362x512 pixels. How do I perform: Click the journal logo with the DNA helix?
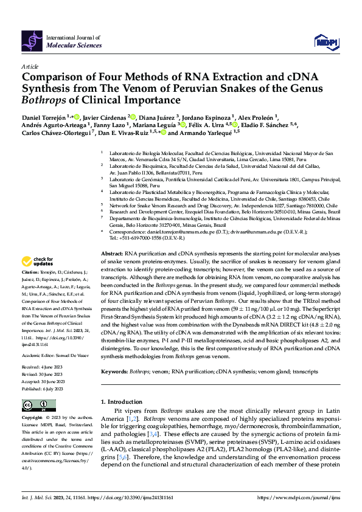click(x=32, y=40)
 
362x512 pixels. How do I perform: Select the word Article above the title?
click(x=30, y=66)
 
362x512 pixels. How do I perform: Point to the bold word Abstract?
click(x=112, y=269)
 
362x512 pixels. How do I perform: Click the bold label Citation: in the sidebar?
click(x=30, y=289)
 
